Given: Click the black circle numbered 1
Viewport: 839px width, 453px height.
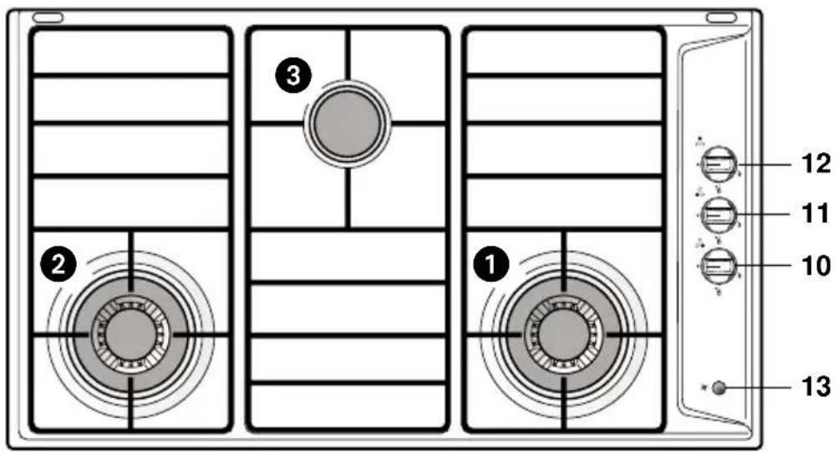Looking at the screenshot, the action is [x=491, y=264].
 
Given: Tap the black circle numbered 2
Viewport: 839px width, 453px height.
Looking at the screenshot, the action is [x=58, y=264].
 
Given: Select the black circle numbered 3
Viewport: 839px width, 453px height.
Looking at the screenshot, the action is [x=293, y=75].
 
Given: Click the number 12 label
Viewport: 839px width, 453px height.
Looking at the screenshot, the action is [x=816, y=163].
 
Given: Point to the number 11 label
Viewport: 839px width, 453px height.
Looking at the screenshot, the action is [x=816, y=214].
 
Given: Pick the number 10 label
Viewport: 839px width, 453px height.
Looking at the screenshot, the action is [x=816, y=265].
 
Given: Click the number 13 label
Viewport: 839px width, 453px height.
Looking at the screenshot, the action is [x=816, y=386].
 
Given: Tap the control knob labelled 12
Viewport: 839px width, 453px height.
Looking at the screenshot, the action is [x=719, y=165].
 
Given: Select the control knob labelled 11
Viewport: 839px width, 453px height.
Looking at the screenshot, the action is [x=719, y=215].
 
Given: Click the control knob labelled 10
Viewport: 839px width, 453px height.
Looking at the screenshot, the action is [x=719, y=265].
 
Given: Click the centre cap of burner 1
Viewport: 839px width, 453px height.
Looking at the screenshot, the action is [x=563, y=334].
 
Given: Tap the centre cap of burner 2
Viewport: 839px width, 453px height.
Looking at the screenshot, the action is [x=130, y=334].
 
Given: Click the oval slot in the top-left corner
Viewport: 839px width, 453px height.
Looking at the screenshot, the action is [x=48, y=18].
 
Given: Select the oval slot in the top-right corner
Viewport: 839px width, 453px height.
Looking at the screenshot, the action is [x=721, y=18].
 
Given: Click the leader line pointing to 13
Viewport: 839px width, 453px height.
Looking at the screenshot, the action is [x=759, y=387].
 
